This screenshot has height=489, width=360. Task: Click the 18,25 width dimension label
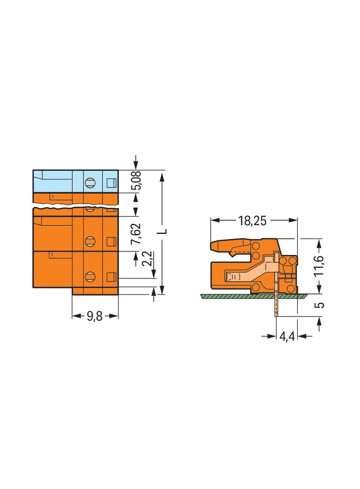[x=252, y=221]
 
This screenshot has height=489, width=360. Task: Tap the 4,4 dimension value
[x=287, y=337]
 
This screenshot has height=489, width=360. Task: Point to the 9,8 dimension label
[x=95, y=317]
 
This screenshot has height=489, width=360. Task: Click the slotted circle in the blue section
[x=90, y=183]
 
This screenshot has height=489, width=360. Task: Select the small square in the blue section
[x=111, y=183]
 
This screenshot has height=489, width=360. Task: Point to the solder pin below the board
[x=276, y=307]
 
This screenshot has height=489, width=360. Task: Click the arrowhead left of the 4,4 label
[x=272, y=337]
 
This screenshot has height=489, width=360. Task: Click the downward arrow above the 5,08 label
[x=135, y=166]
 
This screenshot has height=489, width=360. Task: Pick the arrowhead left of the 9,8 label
[x=77, y=317]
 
